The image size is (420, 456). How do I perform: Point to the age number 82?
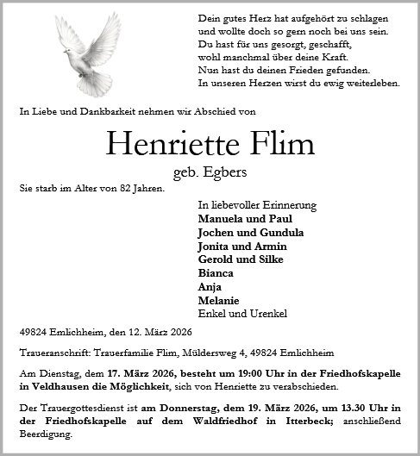click(x=120, y=187)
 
